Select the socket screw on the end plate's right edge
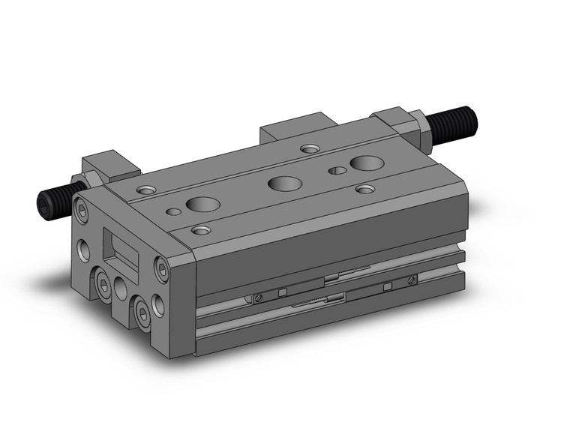point(160,265)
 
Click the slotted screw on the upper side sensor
point(411,280)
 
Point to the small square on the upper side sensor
point(282,292)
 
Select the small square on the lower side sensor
point(388,287)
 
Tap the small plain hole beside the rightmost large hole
point(338,171)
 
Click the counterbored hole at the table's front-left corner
point(199,229)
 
